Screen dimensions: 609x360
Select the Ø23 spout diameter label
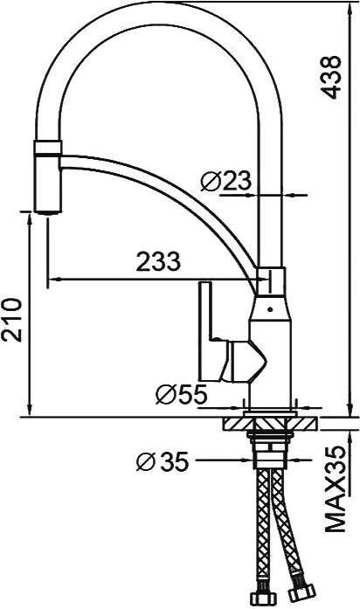point(225,182)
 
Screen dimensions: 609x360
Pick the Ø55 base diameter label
point(181,395)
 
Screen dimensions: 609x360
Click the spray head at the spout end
point(45,175)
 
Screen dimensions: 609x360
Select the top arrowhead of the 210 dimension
point(32,222)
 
